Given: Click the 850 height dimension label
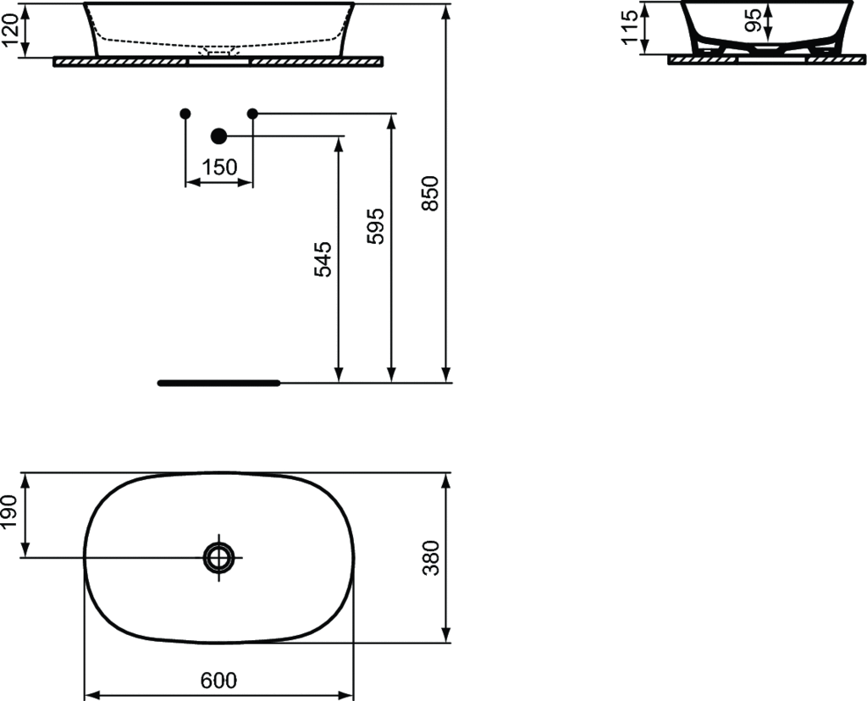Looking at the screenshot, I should (x=431, y=193).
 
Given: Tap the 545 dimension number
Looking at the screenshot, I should (x=323, y=259).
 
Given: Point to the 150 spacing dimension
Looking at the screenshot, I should (x=219, y=168).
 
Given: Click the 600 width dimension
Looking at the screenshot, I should (x=219, y=680).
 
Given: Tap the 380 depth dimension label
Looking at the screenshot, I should (x=431, y=557).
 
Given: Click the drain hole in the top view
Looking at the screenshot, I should (x=218, y=557).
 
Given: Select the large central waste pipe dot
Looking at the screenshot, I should (x=218, y=135).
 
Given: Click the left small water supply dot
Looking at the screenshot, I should (x=185, y=113).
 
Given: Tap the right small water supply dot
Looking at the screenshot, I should (x=251, y=113).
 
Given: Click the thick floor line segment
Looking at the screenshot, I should (x=218, y=383).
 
